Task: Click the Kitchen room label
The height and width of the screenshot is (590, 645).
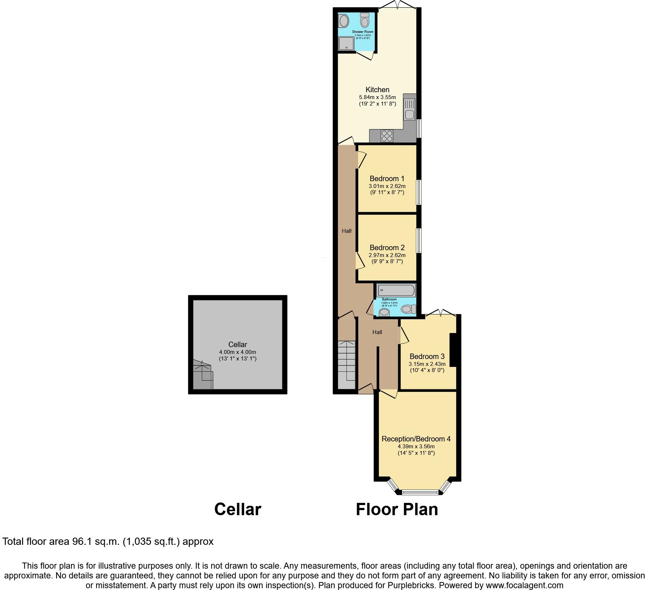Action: (377, 90)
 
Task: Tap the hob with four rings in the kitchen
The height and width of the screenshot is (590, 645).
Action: (386, 136)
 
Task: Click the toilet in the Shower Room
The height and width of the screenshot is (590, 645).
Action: (364, 21)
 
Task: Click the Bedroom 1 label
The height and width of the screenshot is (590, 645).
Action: (387, 179)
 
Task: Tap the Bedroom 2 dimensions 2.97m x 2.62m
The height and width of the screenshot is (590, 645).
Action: (387, 255)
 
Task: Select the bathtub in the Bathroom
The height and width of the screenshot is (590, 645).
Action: (396, 290)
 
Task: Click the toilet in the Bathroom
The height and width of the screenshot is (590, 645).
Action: (408, 309)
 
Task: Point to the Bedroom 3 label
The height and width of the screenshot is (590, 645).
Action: (427, 356)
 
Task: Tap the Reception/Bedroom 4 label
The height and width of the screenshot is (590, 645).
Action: (416, 439)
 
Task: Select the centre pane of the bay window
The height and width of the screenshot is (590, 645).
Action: (420, 492)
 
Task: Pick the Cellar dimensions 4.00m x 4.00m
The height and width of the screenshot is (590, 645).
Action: (238, 352)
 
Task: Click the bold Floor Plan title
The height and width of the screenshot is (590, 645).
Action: (397, 509)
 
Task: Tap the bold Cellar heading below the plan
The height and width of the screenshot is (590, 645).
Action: (238, 509)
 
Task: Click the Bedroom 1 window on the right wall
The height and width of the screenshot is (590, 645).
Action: (419, 192)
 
